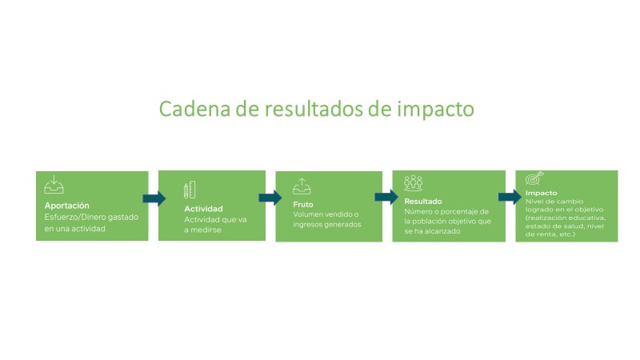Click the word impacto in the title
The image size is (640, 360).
pyautogui.click(x=435, y=110)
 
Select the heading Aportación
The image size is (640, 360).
pyautogui.click(x=67, y=206)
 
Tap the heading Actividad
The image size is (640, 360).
pyautogui.click(x=203, y=209)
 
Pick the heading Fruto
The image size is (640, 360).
pyautogui.click(x=303, y=205)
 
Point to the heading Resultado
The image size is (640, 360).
pyautogui.click(x=423, y=202)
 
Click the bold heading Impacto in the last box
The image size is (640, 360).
pyautogui.click(x=541, y=193)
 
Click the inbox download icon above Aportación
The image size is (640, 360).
pyautogui.click(x=54, y=185)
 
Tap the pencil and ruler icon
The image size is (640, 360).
pyautogui.click(x=190, y=190)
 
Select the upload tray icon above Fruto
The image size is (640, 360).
pyautogui.click(x=302, y=186)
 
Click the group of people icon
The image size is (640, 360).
pyautogui.click(x=413, y=183)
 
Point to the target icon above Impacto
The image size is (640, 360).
pyautogui.click(x=534, y=178)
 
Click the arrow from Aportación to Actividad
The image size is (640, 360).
pyautogui.click(x=154, y=198)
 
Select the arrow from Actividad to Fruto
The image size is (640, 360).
pyautogui.click(x=270, y=198)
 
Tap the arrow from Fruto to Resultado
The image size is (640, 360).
pyautogui.click(x=386, y=197)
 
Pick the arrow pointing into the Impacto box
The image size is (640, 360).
pyautogui.click(x=510, y=197)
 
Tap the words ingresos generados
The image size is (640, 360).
pyautogui.click(x=327, y=225)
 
